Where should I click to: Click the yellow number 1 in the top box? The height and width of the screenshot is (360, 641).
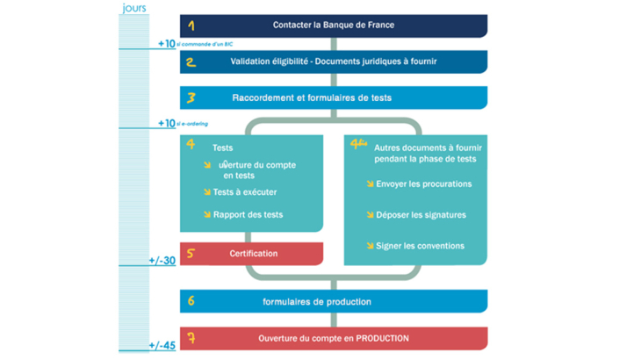pyautogui.click(x=191, y=26)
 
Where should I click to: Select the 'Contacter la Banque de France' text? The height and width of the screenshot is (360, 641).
pyautogui.click(x=333, y=25)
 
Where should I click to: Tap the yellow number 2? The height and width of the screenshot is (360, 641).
pyautogui.click(x=191, y=62)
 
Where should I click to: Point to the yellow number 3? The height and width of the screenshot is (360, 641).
pyautogui.click(x=191, y=98)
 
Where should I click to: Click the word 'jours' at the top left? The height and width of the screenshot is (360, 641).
pyautogui.click(x=133, y=8)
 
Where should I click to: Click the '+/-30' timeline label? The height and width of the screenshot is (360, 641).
pyautogui.click(x=162, y=261)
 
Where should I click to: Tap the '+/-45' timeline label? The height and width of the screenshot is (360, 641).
pyautogui.click(x=162, y=346)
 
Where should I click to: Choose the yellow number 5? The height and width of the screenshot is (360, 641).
pyautogui.click(x=191, y=254)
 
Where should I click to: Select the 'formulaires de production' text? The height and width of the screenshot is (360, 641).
pyautogui.click(x=317, y=302)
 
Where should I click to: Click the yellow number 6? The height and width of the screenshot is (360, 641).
pyautogui.click(x=191, y=302)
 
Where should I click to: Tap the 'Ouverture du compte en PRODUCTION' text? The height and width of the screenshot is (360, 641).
pyautogui.click(x=334, y=338)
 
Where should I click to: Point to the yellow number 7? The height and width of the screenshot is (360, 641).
pyautogui.click(x=191, y=338)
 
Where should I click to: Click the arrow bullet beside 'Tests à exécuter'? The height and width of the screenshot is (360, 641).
pyautogui.click(x=207, y=192)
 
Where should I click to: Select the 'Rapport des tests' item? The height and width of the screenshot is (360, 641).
pyautogui.click(x=248, y=214)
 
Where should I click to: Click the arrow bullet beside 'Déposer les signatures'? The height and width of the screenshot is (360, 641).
pyautogui.click(x=370, y=215)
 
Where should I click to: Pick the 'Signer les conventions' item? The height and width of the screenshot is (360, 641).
pyautogui.click(x=420, y=246)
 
